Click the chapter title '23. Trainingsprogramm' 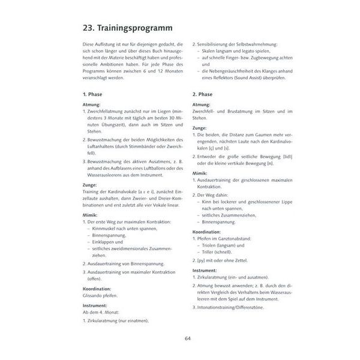[127, 28]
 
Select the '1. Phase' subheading [92, 94]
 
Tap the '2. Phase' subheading [202, 94]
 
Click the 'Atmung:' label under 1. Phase [92, 105]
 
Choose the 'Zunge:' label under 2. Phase [200, 127]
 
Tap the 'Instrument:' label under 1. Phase [94, 305]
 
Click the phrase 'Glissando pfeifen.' [100, 295]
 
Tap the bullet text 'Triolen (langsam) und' [223, 245]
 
